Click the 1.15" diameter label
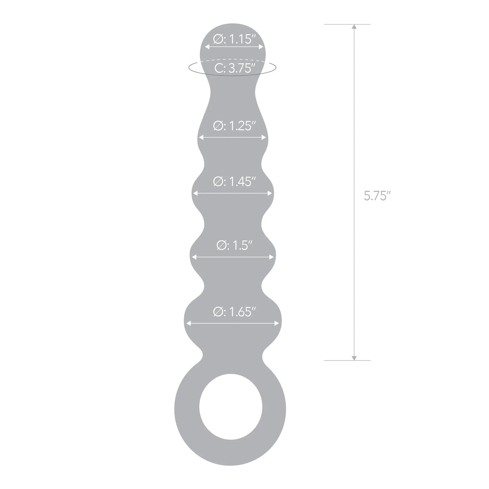point(235,39)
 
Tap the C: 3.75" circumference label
point(235,68)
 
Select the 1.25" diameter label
point(235,126)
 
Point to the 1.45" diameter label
point(235,182)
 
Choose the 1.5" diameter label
point(235,245)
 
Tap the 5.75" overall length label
point(377,196)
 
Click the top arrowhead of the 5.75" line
point(354,27)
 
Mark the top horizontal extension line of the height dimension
point(347,24)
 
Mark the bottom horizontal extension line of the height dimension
point(347,360)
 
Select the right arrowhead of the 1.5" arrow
point(274,257)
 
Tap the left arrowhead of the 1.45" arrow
point(195,193)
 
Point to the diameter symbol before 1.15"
point(218,39)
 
